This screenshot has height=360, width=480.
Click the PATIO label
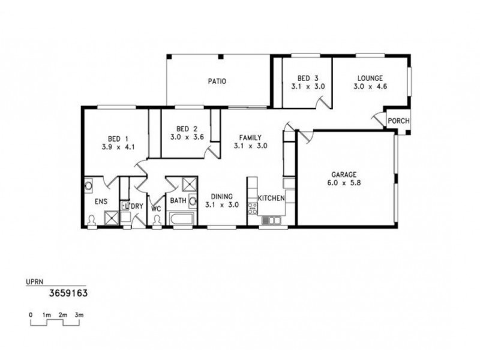pos(217,82)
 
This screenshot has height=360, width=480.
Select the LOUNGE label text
pos(370,78)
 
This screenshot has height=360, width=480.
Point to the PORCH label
pos(398,121)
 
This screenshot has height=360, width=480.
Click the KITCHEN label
pos(271,199)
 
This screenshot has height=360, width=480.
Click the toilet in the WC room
pos(157,221)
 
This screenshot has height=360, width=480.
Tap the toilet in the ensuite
pos(92,221)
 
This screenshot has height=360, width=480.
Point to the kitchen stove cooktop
pos(253,208)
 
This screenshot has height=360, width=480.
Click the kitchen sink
pos(271,221)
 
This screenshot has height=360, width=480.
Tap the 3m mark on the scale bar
pos(79,314)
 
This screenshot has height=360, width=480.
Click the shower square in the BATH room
pos(188,184)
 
